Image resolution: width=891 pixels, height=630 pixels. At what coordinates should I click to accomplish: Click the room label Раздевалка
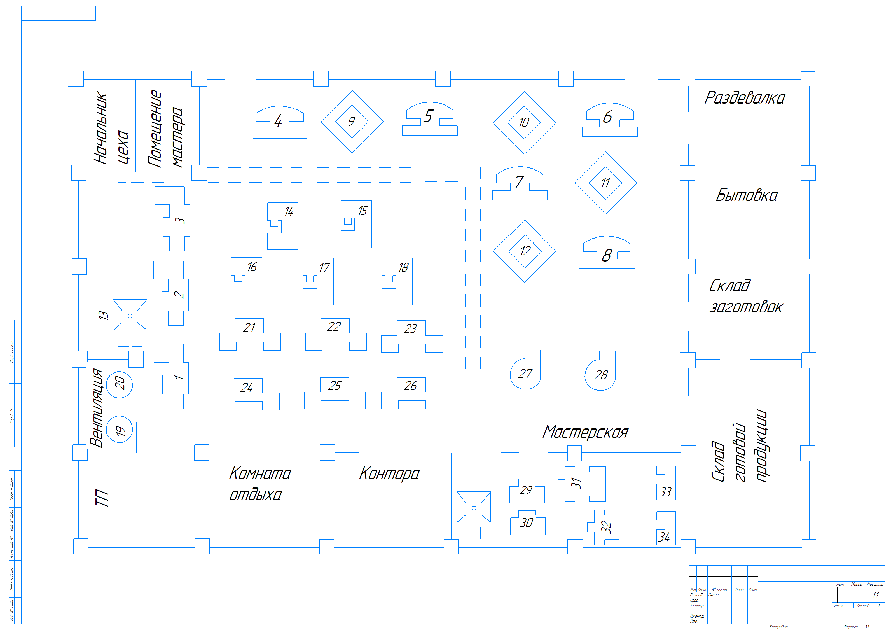(x=744, y=98)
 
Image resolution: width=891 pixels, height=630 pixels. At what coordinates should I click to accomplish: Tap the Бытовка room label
(x=746, y=195)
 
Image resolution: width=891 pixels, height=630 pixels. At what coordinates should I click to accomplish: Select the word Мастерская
(x=585, y=432)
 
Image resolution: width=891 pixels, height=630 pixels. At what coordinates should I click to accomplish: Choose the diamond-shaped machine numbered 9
(x=352, y=122)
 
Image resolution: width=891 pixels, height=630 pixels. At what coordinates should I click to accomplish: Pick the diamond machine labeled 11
(x=605, y=183)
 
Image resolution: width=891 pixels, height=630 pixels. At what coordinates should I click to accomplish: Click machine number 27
(x=525, y=373)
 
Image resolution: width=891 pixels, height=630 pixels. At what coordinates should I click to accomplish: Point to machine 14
(x=283, y=226)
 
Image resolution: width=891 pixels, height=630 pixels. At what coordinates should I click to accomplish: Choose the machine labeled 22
(x=335, y=334)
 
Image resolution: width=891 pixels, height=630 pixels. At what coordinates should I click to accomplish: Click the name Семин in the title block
(x=713, y=595)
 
